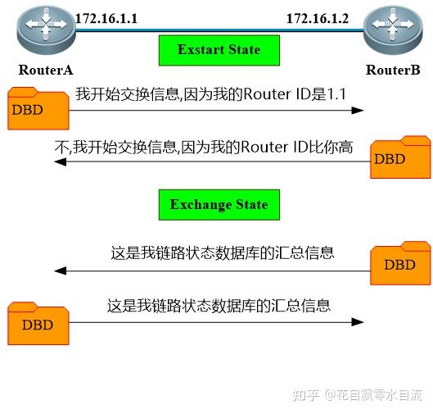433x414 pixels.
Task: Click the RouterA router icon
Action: pos(46,30)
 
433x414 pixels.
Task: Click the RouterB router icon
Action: pos(393,30)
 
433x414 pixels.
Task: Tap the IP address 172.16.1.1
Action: pos(106,19)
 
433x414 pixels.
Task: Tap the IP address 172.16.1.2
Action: pos(318,19)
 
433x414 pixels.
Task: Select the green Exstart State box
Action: pos(219,50)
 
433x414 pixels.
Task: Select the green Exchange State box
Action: pos(219,205)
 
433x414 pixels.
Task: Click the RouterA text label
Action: pos(46,70)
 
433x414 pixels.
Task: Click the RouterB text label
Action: pos(393,70)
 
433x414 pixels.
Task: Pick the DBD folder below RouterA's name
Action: pos(38,108)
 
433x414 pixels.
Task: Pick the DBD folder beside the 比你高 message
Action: pos(400,157)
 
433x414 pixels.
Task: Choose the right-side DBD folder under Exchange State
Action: pos(400,263)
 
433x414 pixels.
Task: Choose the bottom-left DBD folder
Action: pos(38,323)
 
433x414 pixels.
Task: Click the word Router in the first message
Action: pos(267,94)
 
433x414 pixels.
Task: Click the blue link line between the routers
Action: pos(219,30)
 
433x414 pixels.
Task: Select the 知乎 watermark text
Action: pos(306,395)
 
